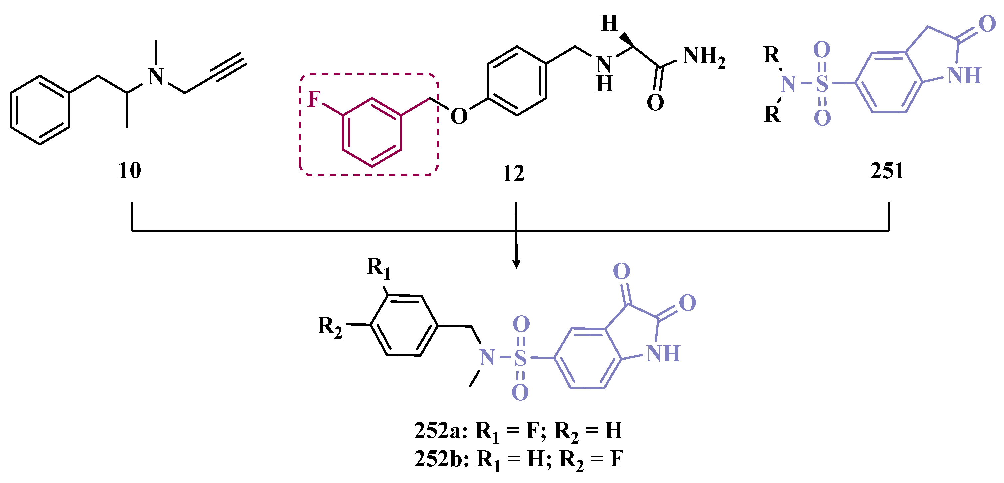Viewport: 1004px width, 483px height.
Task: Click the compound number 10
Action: pyautogui.click(x=130, y=171)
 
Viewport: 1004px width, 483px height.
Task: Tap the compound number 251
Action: pyautogui.click(x=887, y=171)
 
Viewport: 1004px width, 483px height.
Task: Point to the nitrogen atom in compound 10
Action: pyautogui.click(x=156, y=77)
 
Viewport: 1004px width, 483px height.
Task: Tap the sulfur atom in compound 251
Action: pyautogui.click(x=822, y=83)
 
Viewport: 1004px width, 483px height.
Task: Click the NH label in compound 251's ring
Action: pyautogui.click(x=964, y=75)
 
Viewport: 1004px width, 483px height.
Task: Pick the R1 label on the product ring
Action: pyautogui.click(x=378, y=268)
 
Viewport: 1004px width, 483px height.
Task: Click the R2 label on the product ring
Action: pyautogui.click(x=330, y=327)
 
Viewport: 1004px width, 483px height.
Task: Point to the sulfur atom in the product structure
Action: pyautogui.click(x=521, y=358)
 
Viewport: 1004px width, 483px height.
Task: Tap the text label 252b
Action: pyautogui.click(x=438, y=459)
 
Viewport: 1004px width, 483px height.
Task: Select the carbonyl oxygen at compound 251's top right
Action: pyautogui.click(x=987, y=24)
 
